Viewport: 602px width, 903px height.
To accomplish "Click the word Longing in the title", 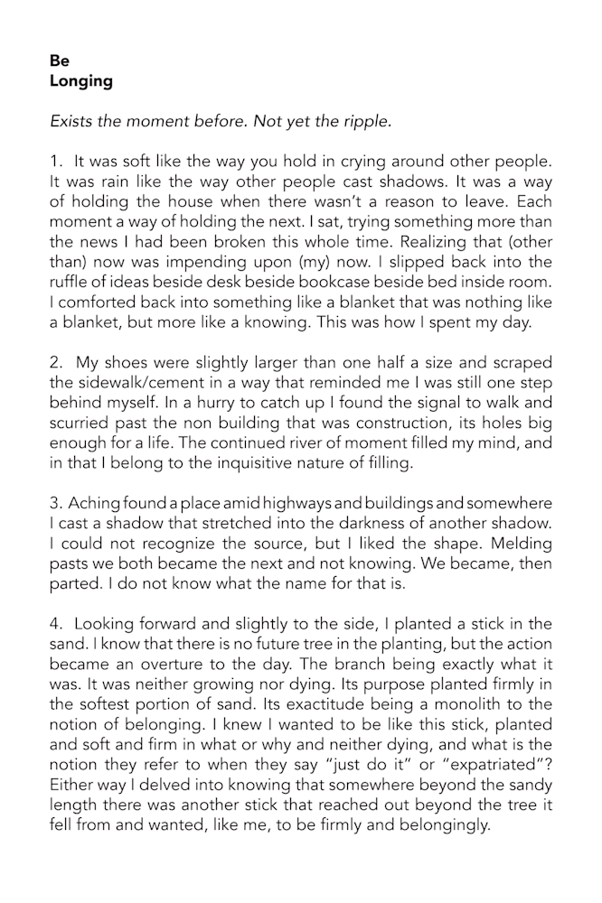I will [81, 81].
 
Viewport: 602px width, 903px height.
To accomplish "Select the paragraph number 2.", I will [55, 362].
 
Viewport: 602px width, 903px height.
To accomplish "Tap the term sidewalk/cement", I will [112, 382].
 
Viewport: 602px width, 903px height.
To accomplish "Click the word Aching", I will [94, 502].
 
